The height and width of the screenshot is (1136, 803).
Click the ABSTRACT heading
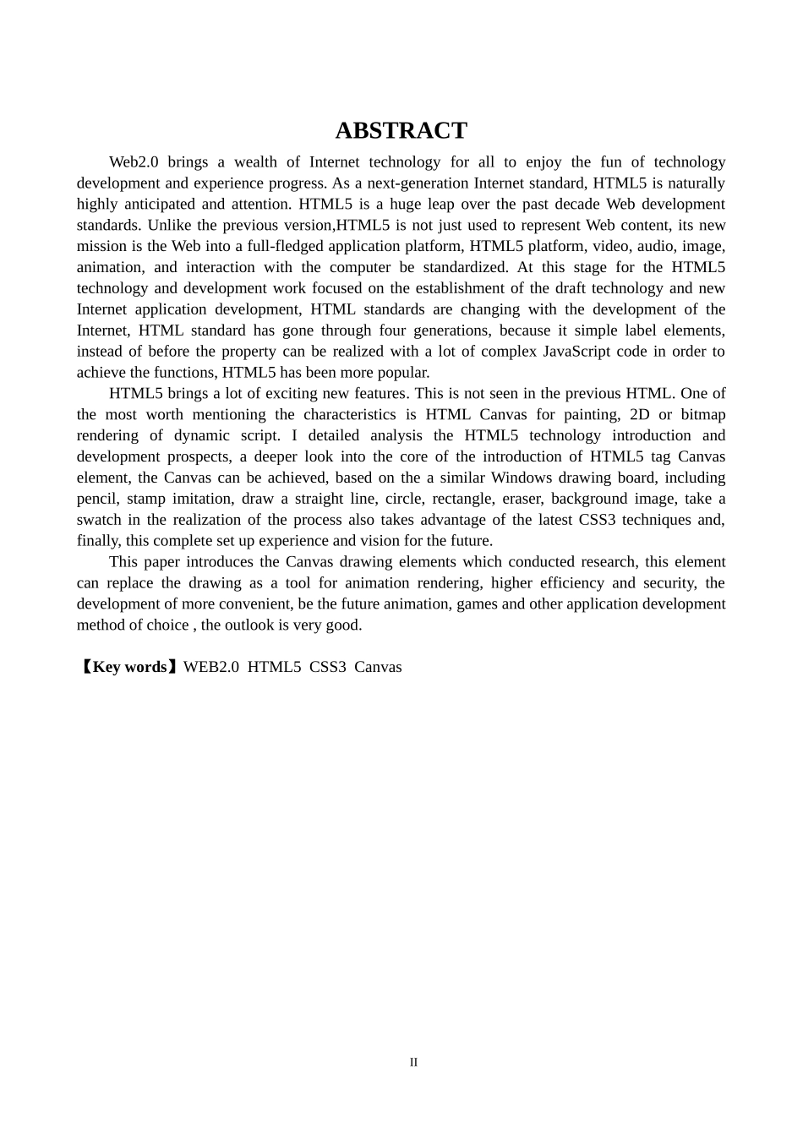401,131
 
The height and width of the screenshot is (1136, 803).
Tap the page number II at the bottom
413,1062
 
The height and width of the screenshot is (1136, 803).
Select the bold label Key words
129,667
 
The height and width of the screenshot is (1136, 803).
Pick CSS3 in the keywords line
327,667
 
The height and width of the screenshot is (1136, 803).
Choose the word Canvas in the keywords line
378,667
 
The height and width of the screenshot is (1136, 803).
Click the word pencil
96,499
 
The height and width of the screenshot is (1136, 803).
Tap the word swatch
99,520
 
